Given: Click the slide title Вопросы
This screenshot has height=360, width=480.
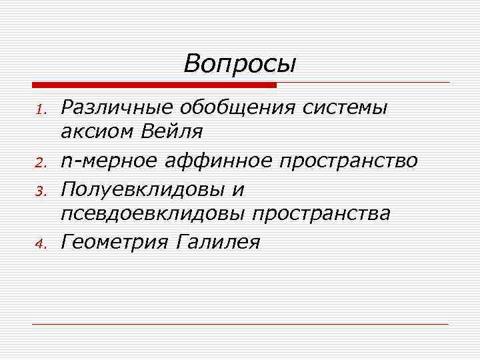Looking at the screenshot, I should [x=239, y=63].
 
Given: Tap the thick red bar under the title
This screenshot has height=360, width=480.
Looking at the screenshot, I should [x=154, y=85].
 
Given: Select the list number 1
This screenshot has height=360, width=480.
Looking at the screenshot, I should [x=40, y=109].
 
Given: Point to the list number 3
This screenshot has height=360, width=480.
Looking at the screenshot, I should [x=40, y=192].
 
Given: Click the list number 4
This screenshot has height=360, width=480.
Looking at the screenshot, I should [x=40, y=243].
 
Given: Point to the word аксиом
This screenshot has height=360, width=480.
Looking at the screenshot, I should [x=98, y=132].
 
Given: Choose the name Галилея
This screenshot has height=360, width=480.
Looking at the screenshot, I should [x=217, y=242].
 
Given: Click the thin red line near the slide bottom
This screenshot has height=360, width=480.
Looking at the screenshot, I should [x=240, y=325].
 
